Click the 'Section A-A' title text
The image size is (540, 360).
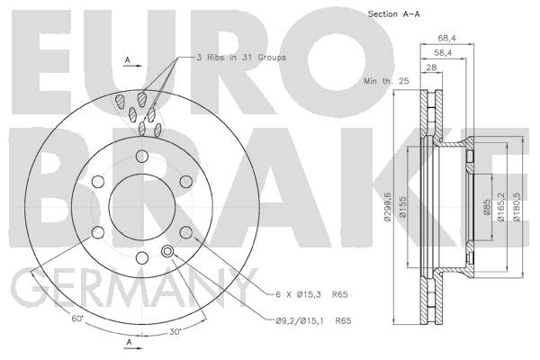coord(393,14)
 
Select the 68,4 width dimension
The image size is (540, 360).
coord(447,38)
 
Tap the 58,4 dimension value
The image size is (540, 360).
coord(443,52)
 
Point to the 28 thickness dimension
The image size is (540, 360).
coord(431,67)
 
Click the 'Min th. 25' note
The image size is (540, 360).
coord(386,81)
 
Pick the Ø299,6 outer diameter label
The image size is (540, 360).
coord(388,207)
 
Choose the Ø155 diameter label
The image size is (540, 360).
coord(402,207)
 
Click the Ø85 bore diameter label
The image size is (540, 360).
coord(487,207)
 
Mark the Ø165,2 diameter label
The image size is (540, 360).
coord(501,207)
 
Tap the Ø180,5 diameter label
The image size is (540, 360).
coord(516,207)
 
